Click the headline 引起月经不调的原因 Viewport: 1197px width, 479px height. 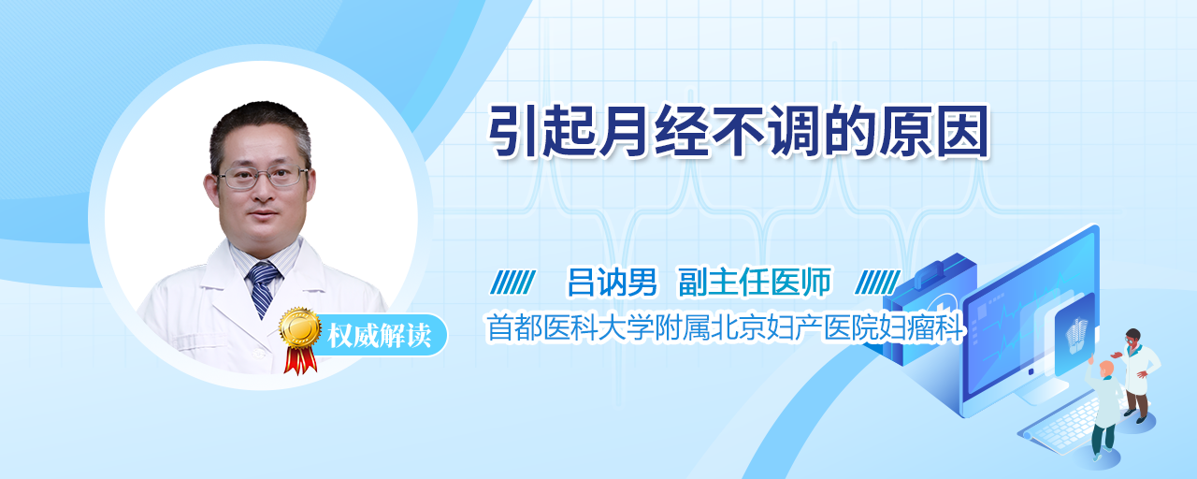[x=739, y=132]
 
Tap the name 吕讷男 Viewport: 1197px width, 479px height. [x=612, y=283]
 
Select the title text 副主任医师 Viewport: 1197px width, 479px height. [x=755, y=283]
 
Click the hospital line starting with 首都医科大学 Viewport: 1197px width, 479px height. [x=725, y=327]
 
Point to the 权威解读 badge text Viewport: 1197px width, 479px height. [x=380, y=336]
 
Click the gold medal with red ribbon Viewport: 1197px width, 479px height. [x=300, y=340]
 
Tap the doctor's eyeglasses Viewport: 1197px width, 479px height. [x=262, y=178]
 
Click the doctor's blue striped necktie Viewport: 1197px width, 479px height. [x=263, y=289]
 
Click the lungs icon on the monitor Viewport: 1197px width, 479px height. [x=1076, y=335]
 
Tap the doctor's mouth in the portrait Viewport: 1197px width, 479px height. [x=263, y=215]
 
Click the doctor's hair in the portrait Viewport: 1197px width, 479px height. [x=260, y=128]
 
